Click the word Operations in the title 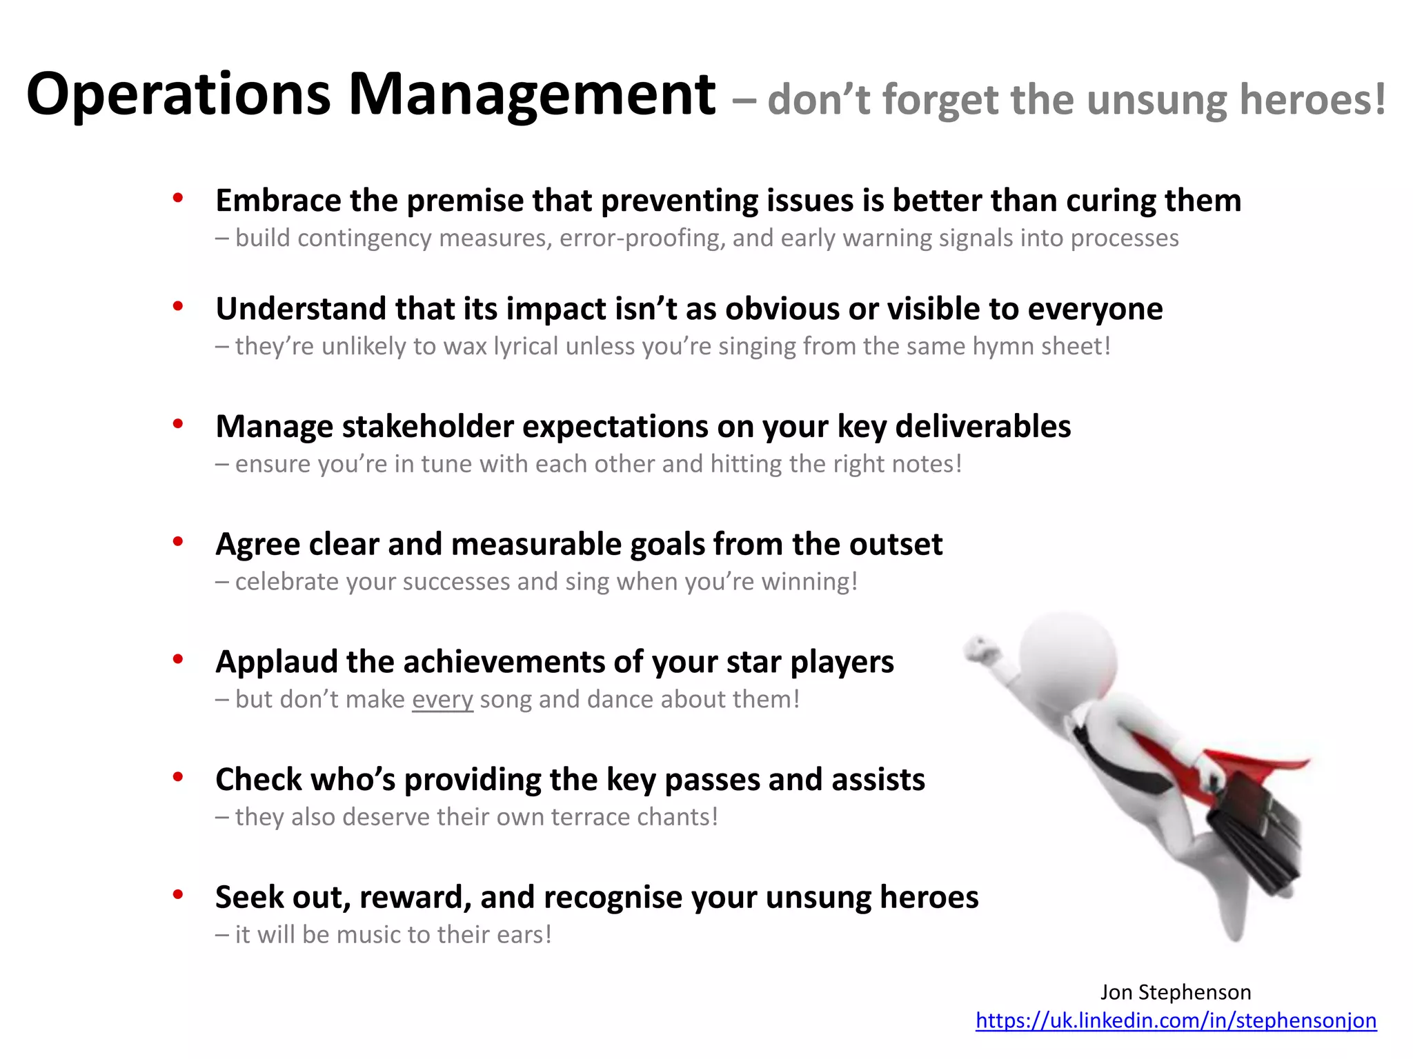pos(178,95)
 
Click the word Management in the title pos(532,95)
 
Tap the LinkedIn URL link pos(1176,1020)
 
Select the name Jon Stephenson pos(1175,992)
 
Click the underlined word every pos(442,699)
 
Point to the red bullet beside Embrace pos(178,199)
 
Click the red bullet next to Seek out pos(178,895)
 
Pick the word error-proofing pos(642,238)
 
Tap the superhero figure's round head pos(1067,656)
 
